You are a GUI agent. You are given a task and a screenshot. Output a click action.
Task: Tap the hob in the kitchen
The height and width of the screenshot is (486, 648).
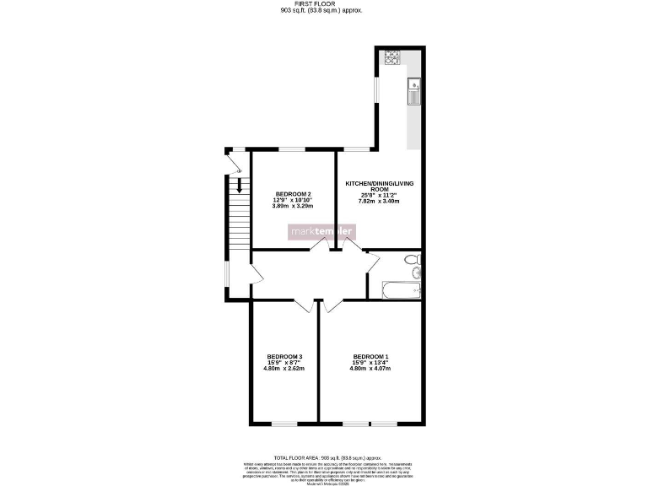(392, 57)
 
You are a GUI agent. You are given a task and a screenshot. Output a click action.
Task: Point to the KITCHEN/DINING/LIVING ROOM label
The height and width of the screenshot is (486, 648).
(379, 186)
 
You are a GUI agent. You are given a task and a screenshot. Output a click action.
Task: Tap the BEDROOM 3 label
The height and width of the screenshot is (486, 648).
(283, 355)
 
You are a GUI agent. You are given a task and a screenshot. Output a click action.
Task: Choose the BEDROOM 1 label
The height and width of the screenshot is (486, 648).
(371, 355)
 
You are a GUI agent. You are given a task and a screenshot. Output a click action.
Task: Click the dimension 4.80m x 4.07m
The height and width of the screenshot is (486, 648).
(371, 369)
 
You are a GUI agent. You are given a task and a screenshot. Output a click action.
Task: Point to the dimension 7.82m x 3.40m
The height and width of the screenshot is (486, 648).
(379, 202)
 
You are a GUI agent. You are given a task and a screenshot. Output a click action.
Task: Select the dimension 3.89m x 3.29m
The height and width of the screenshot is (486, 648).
(292, 205)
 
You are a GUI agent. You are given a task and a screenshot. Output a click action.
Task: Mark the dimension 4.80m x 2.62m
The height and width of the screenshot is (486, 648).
(283, 369)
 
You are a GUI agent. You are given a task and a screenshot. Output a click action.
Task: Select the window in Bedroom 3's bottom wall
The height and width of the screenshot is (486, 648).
(283, 423)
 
